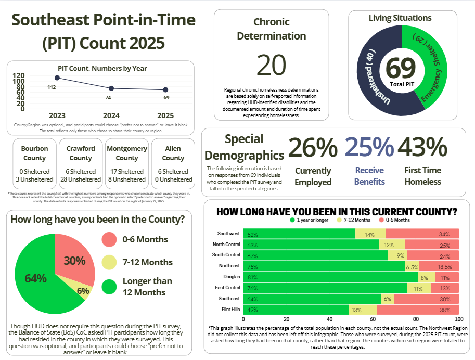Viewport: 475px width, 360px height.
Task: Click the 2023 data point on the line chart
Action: pos(57,78)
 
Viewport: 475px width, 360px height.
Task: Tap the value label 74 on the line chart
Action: pos(108,97)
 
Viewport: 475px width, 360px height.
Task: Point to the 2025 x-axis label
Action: pos(165,115)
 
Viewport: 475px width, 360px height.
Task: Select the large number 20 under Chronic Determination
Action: pos(271,65)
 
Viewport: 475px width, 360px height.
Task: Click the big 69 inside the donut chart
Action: pos(401,68)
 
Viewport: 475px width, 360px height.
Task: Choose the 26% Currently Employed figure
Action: pos(313,147)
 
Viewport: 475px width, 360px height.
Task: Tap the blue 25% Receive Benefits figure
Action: pos(369,147)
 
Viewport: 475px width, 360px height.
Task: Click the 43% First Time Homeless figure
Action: pos(422,147)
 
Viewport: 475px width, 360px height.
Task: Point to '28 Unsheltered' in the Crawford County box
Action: pos(81,179)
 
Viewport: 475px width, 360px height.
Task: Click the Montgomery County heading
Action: pos(127,153)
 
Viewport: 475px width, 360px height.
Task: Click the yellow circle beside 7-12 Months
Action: pos(109,262)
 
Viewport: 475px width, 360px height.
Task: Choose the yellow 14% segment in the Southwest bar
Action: pos(370,234)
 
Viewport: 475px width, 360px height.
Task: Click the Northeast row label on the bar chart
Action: pos(230,266)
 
